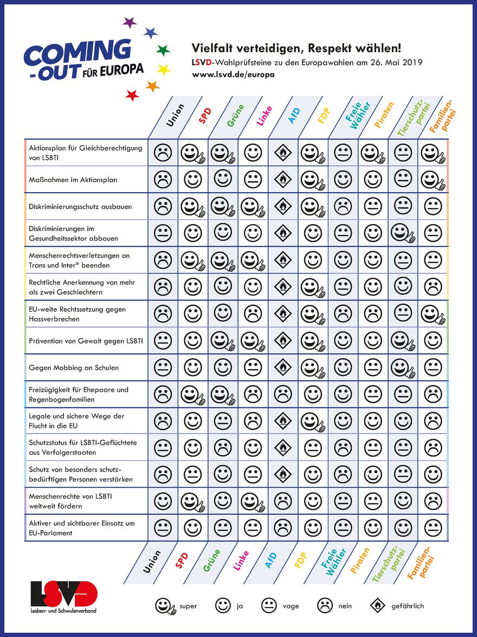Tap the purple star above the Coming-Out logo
pyautogui.click(x=130, y=23)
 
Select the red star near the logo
pyautogui.click(x=132, y=95)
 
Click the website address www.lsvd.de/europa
pyautogui.click(x=234, y=74)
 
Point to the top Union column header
pyautogui.click(x=175, y=115)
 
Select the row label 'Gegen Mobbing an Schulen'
pyautogui.click(x=74, y=367)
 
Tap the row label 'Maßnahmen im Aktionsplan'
pyautogui.click(x=73, y=180)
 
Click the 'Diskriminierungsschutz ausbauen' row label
pyautogui.click(x=80, y=207)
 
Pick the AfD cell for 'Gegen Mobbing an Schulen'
pyautogui.click(x=282, y=367)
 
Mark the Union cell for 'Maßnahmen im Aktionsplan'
pyautogui.click(x=163, y=179)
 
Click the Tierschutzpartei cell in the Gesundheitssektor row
pyautogui.click(x=403, y=233)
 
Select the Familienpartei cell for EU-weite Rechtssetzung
pyautogui.click(x=433, y=314)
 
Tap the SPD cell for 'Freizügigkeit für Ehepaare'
pyautogui.click(x=193, y=394)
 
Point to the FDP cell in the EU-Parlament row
pyautogui.click(x=313, y=527)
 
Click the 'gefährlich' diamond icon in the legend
pyautogui.click(x=377, y=606)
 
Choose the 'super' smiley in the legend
pyautogui.click(x=165, y=606)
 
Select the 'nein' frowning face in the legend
pyautogui.click(x=325, y=606)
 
